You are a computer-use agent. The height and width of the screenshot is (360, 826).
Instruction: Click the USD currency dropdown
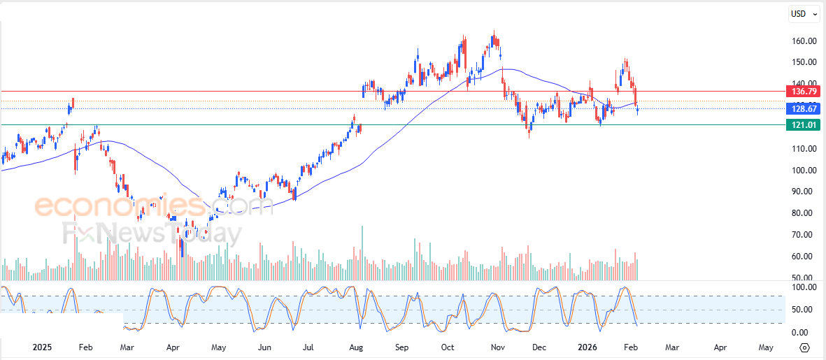(801, 13)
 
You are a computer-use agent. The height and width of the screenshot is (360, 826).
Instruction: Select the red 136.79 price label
(802, 91)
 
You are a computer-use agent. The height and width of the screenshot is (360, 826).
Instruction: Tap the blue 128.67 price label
(802, 109)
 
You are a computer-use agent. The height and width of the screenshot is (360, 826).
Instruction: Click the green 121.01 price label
(802, 125)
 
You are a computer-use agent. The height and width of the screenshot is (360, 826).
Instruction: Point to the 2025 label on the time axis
(42, 347)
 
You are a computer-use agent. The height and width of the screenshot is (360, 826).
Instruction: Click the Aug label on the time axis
(355, 347)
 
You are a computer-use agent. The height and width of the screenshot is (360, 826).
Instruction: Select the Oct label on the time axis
(448, 347)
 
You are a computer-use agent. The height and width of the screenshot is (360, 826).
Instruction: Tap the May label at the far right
(766, 347)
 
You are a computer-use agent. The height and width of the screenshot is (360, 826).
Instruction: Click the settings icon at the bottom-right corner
(805, 347)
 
